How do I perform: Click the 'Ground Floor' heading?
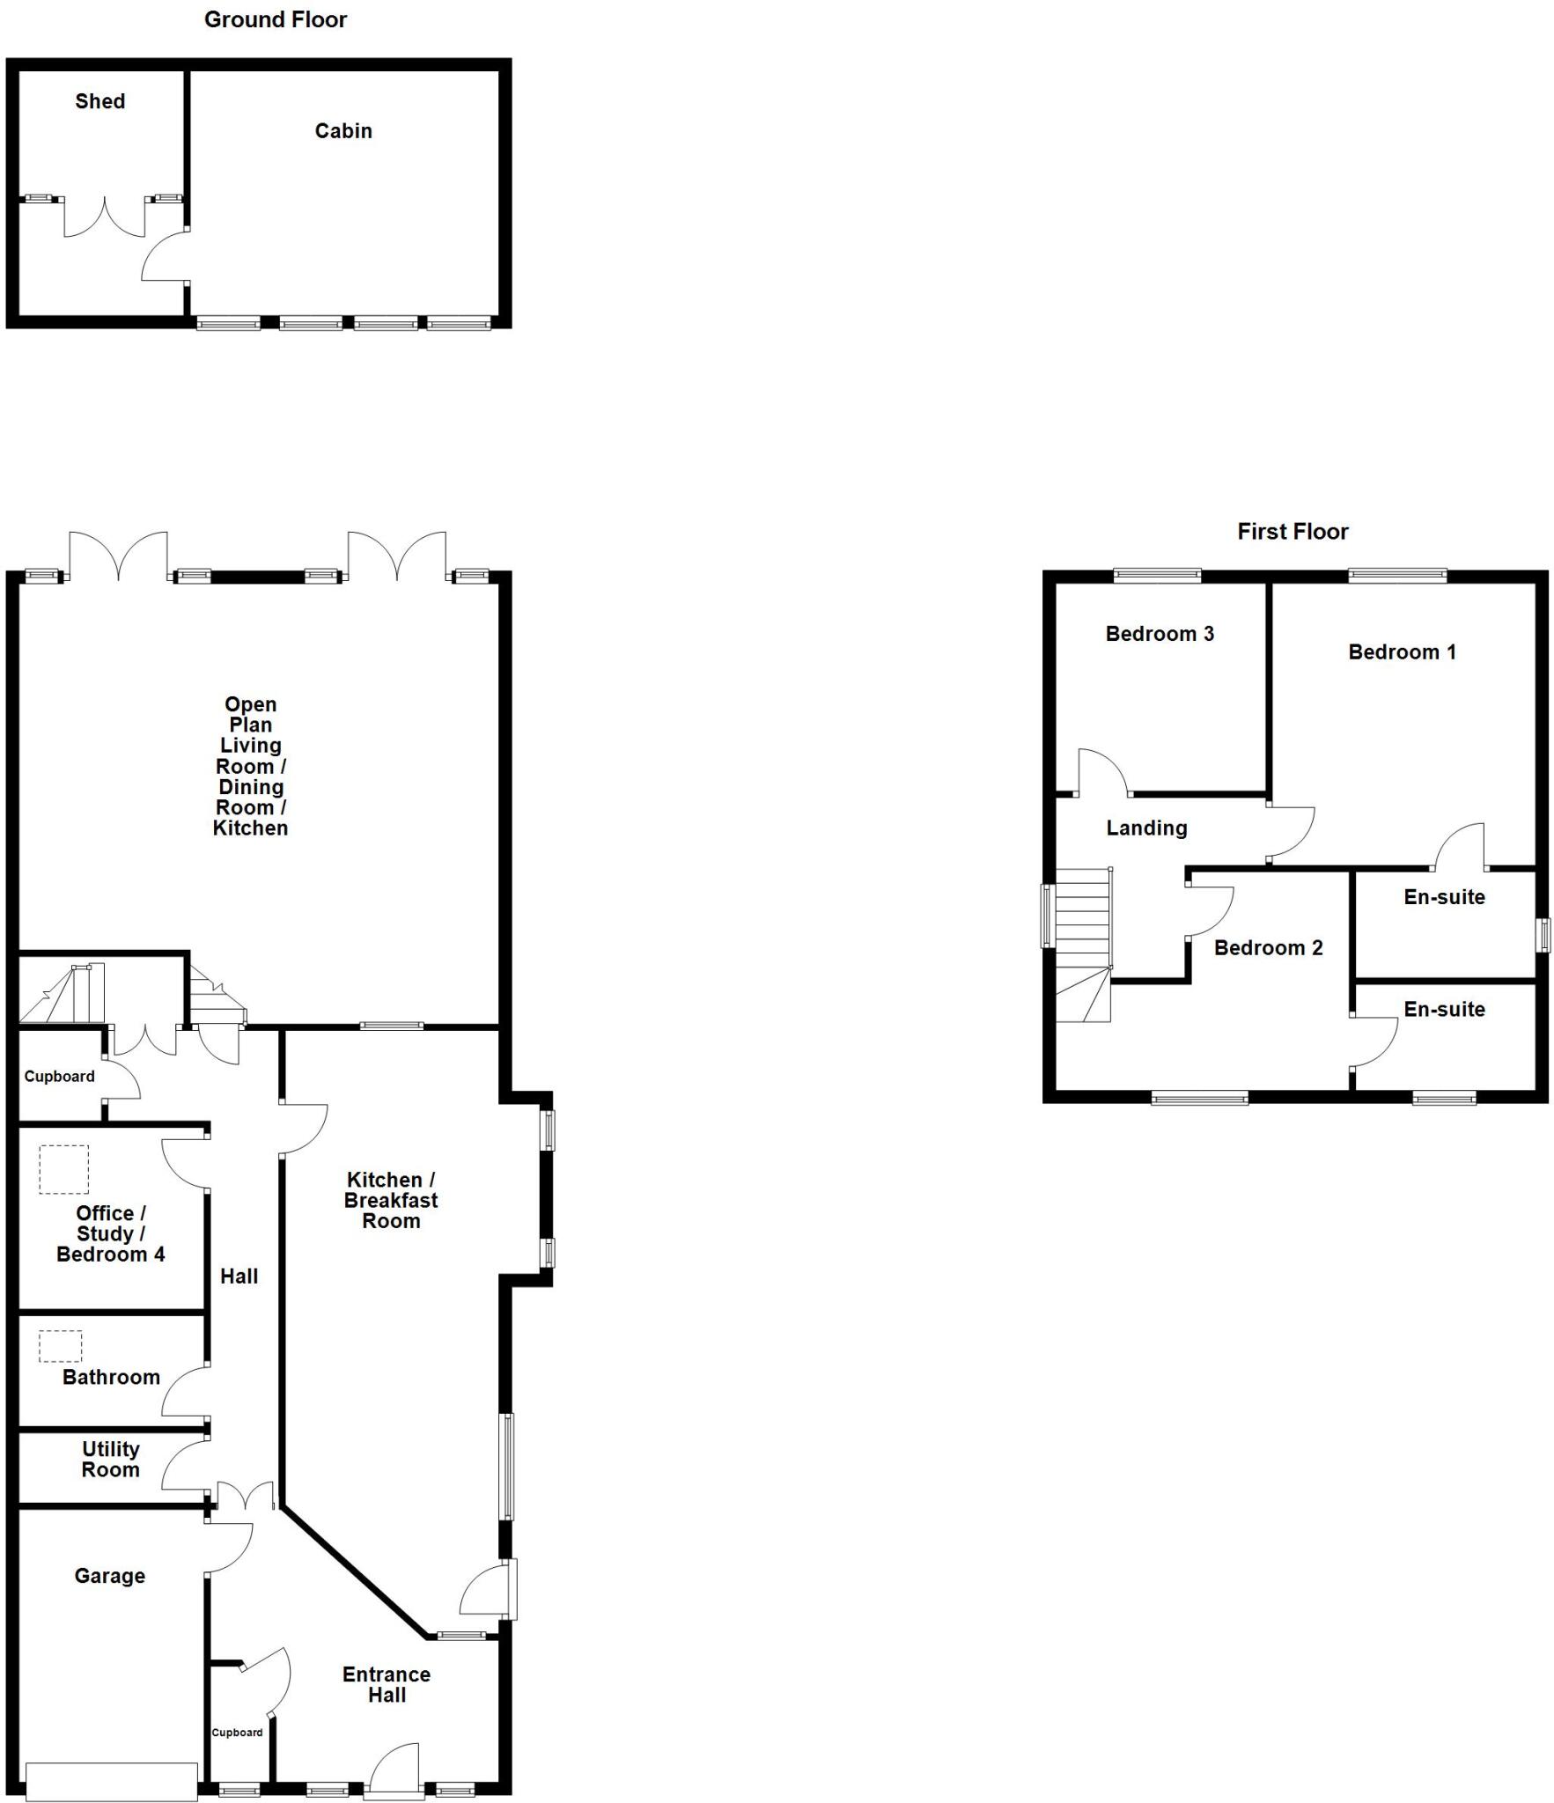coord(275,19)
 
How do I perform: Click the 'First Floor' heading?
coord(1292,531)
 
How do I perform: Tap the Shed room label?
coord(99,101)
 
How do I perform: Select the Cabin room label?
coord(343,130)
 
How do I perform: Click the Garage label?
coord(109,1575)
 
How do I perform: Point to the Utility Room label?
coord(110,1459)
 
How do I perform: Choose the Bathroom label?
coord(111,1377)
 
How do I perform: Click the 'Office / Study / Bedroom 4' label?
coord(110,1233)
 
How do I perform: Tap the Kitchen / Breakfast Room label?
coord(391,1200)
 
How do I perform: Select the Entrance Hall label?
coord(387,1684)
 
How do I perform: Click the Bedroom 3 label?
coord(1159,633)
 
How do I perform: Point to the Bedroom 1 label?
coord(1402,651)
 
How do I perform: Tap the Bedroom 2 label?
coord(1268,947)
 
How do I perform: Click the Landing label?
coord(1146,828)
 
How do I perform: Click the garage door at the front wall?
coord(112,1781)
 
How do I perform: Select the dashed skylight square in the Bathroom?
coord(60,1346)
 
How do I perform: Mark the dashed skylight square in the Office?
coord(63,1169)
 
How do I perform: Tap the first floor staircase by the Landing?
coord(1082,942)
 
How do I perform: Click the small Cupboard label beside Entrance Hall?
coord(237,1733)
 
